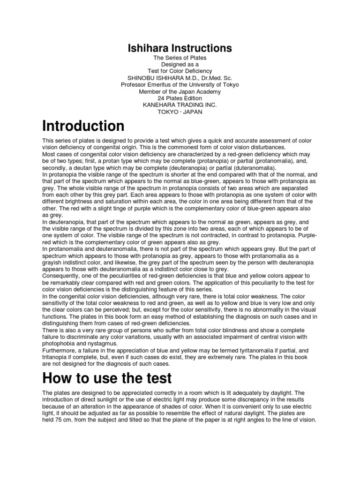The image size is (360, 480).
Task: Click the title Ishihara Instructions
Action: coord(180,48)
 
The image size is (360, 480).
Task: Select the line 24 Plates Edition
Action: coord(180,98)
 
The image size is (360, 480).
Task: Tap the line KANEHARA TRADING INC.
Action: coord(180,105)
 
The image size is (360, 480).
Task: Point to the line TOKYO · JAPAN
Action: coord(180,112)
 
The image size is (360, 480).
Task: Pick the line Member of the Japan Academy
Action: coord(180,91)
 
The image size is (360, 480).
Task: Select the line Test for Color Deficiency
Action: coord(180,71)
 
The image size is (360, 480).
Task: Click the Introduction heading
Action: coord(83,127)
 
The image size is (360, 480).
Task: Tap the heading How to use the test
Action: coord(107,378)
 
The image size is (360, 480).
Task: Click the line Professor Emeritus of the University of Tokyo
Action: coord(180,84)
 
